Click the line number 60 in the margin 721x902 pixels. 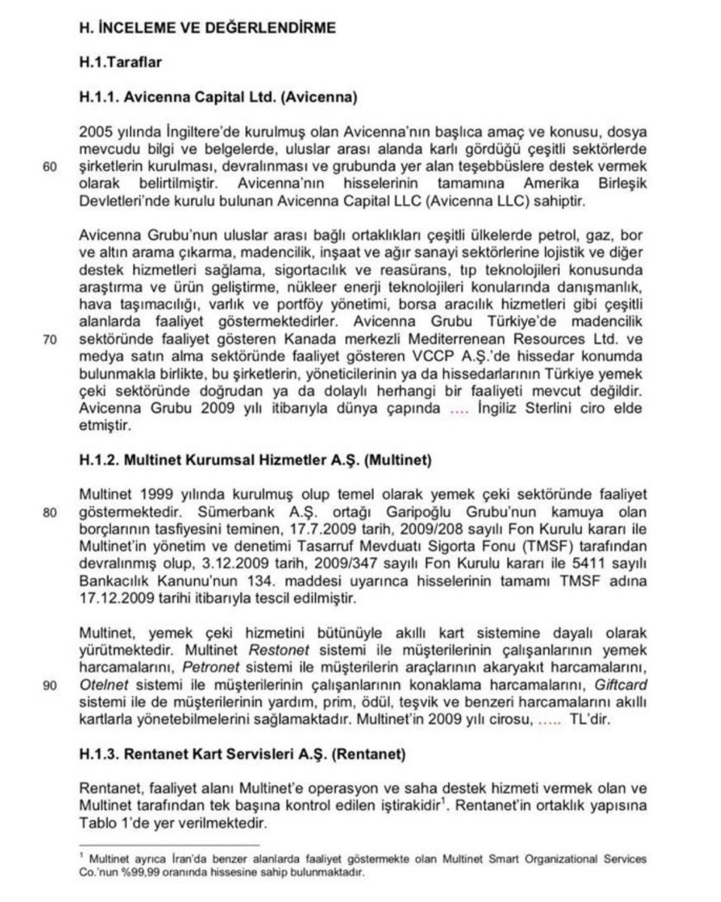(x=51, y=167)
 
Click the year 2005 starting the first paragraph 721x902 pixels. (x=94, y=132)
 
